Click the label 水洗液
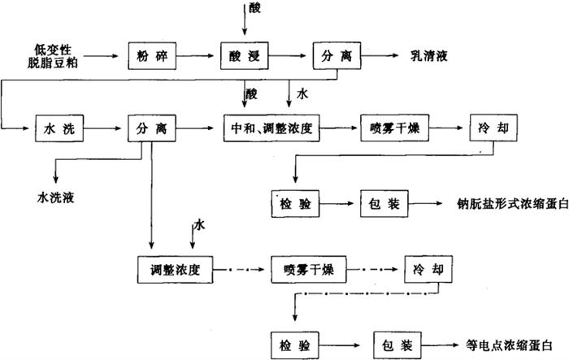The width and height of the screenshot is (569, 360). [x=59, y=196]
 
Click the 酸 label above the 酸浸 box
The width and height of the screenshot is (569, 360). [x=255, y=8]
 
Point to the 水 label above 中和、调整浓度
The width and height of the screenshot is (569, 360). [x=302, y=94]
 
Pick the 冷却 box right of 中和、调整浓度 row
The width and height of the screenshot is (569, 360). [x=492, y=127]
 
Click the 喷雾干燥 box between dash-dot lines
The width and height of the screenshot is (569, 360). [x=302, y=268]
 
